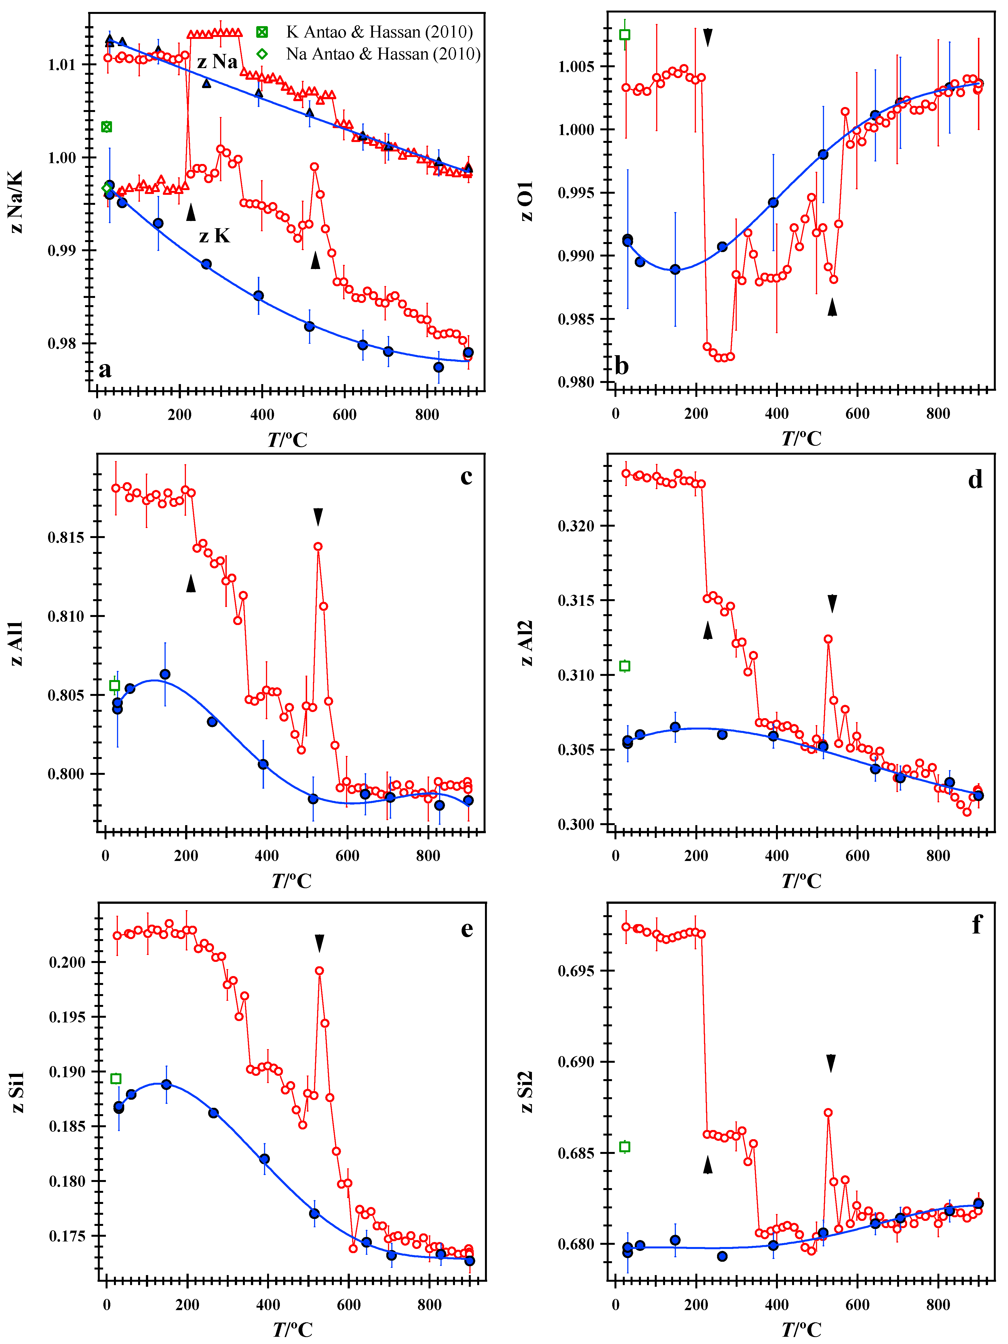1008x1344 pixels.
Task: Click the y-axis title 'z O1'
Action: point(526,200)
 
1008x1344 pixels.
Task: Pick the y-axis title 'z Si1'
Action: point(17,1092)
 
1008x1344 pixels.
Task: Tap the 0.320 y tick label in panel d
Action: point(577,526)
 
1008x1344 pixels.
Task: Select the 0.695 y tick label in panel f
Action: point(577,970)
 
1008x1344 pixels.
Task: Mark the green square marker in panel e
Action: point(115,1079)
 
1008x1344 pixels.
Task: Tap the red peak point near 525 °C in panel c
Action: point(318,546)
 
